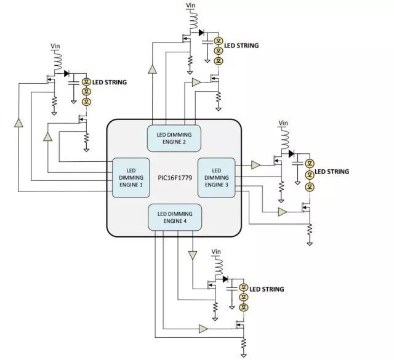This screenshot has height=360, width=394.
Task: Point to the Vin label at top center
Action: (191, 6)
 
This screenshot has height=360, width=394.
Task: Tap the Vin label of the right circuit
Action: (283, 123)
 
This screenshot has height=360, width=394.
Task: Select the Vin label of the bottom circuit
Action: (216, 252)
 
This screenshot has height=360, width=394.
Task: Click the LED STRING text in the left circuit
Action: (110, 82)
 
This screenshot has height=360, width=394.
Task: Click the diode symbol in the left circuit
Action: (66, 73)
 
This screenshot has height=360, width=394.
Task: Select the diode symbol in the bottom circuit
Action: (225, 279)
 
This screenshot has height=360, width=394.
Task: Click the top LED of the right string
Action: (310, 163)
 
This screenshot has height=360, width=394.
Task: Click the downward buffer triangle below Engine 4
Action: (193, 254)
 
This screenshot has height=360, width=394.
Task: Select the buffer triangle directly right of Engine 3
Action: (255, 165)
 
